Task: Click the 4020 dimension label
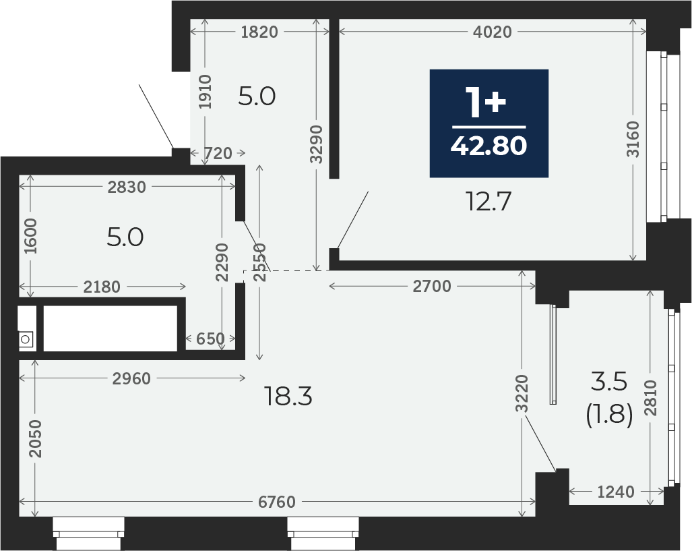492,32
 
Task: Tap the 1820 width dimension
259,32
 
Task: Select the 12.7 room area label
489,202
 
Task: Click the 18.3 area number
288,396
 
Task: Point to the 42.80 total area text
489,146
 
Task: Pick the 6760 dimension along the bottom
277,502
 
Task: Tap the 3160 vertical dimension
633,139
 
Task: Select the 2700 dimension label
432,287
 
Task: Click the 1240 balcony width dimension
616,492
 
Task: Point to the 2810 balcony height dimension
650,398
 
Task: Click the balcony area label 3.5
609,381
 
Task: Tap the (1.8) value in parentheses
610,415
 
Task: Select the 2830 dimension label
127,187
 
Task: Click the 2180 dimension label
102,287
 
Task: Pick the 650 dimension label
210,339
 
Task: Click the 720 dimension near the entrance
218,153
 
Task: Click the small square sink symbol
26,340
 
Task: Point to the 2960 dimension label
131,378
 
